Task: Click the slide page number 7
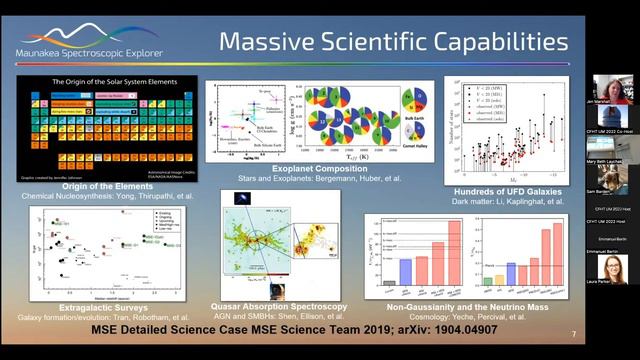tap(573, 333)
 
